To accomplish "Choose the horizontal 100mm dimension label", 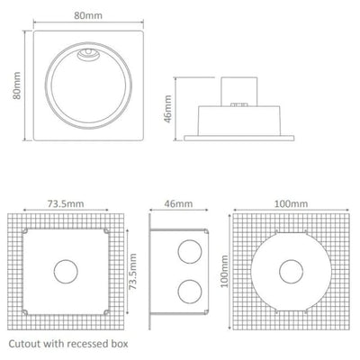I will click(287, 204).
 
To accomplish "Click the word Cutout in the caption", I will click(27, 345).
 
